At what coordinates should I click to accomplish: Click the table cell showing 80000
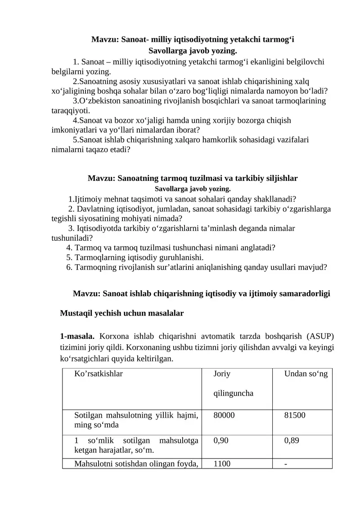point(224,415)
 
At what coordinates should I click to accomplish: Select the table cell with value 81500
point(295,415)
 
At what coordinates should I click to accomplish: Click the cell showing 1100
point(222,464)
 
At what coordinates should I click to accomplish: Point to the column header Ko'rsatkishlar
point(99,374)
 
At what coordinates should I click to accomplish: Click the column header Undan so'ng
point(306,374)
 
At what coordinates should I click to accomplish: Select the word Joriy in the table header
point(221,374)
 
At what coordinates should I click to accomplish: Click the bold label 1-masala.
point(77,336)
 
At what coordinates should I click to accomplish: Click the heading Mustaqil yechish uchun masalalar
point(121,313)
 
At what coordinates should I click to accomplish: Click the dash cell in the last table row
point(286,464)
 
